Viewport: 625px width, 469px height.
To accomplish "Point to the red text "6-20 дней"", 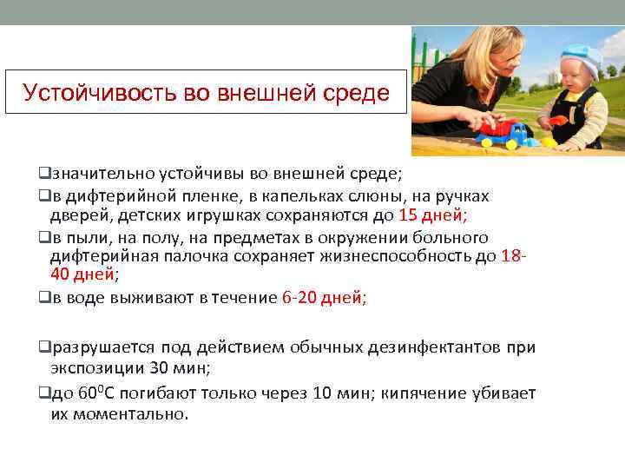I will [x=323, y=297].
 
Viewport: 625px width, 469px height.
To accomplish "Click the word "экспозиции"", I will [x=95, y=367].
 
